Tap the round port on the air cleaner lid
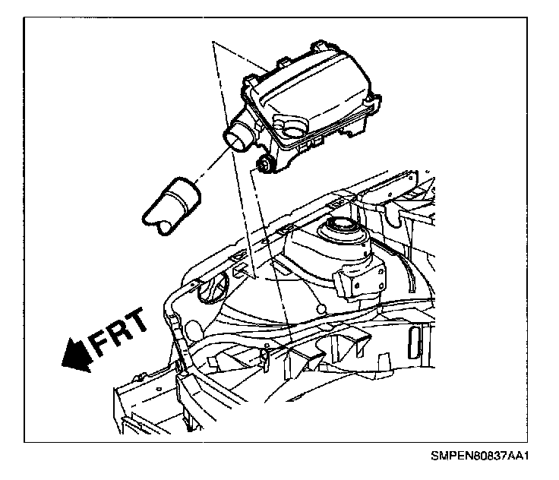point(292,122)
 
